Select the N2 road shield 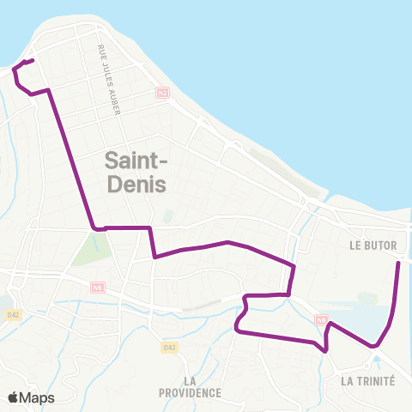pos(161,92)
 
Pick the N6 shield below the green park pos(98,288)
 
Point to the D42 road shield pos(12,315)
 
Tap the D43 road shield pos(169,347)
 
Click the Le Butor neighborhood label pos(373,245)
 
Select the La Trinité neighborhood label pos(367,380)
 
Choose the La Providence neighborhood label pos(190,386)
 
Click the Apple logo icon pos(13,397)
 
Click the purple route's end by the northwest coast pos(32,60)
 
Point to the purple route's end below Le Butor pos(398,262)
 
